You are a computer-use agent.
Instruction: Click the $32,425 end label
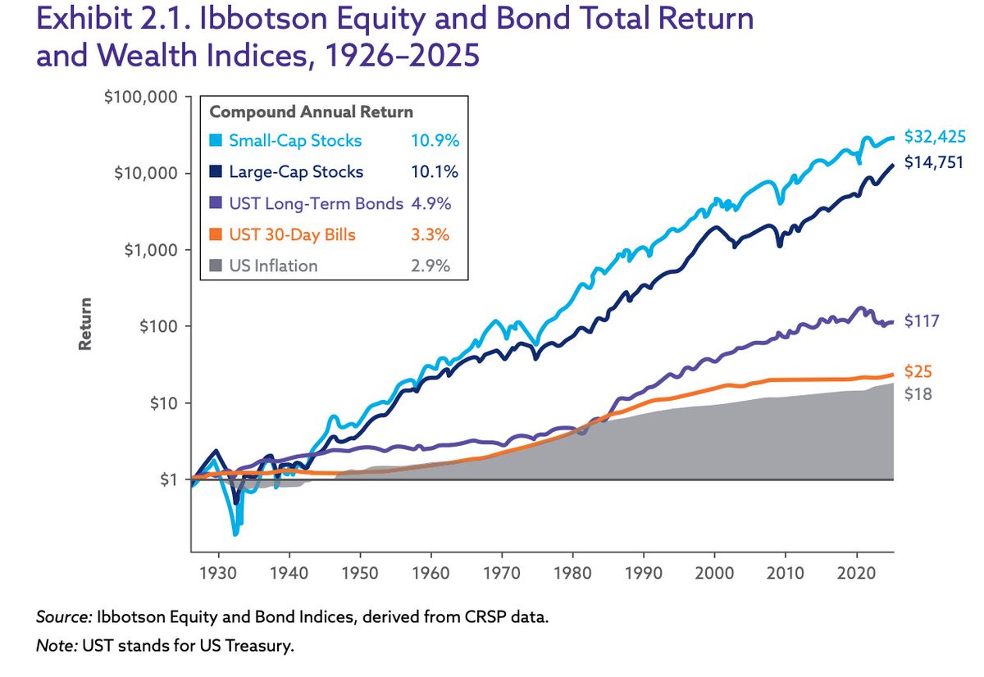pos(935,137)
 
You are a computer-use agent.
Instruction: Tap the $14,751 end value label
pos(933,162)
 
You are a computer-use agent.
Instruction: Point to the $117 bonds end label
pos(922,321)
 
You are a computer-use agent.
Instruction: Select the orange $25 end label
pos(918,372)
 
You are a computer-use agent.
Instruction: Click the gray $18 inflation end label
pos(918,393)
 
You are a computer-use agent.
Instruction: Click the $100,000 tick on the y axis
pos(141,97)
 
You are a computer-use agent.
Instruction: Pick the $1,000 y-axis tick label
pos(151,250)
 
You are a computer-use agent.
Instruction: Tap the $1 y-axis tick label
pos(169,479)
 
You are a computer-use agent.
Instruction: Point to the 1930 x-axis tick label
pos(218,574)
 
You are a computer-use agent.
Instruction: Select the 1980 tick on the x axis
pos(572,574)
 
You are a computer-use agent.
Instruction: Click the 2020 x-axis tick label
pos(856,574)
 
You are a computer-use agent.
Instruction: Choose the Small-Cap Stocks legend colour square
pos(216,140)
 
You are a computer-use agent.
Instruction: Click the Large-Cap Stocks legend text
pos(296,171)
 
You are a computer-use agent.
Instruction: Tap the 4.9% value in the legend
pos(431,203)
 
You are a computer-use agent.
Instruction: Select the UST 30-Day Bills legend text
pos(292,235)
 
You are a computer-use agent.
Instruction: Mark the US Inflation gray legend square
pos(216,266)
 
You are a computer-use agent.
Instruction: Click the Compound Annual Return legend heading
pos(312,112)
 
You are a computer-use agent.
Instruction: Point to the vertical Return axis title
pos(84,324)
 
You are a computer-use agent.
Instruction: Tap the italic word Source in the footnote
pos(64,617)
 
